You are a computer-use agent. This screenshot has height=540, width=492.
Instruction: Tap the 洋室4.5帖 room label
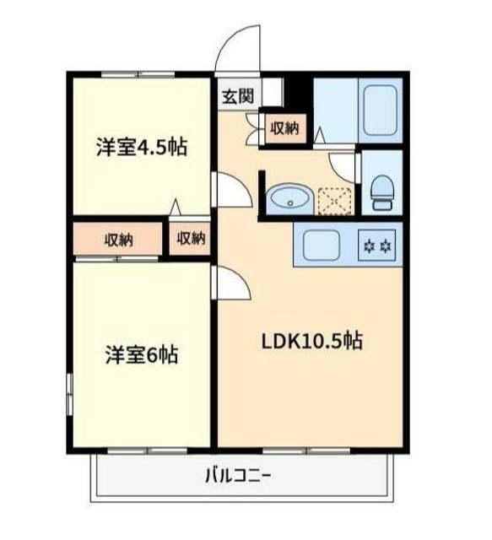click(141, 148)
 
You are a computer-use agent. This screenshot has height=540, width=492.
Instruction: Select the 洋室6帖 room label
click(141, 354)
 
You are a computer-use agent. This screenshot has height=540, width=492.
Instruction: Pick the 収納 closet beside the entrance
click(284, 128)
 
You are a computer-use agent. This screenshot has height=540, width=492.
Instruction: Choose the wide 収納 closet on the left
click(118, 239)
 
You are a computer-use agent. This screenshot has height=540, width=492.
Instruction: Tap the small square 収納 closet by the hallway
click(191, 238)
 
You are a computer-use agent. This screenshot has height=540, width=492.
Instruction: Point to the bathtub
click(379, 109)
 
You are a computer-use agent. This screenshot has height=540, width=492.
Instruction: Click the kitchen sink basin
click(322, 246)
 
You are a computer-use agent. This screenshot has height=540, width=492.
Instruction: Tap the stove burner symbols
click(377, 246)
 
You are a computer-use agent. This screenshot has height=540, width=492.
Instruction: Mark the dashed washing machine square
click(333, 201)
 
